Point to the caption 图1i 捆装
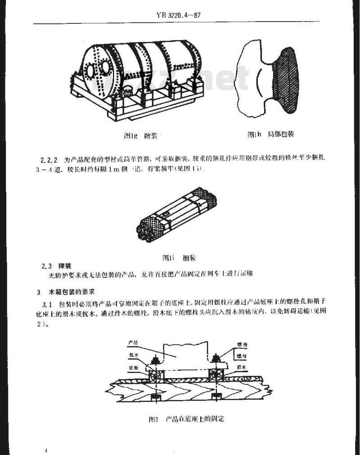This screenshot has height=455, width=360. (x=179, y=258)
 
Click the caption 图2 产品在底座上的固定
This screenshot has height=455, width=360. (x=186, y=419)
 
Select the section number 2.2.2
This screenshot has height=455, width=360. (x=50, y=159)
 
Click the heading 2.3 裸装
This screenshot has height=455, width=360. (x=57, y=266)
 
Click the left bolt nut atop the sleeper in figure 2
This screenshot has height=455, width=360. (x=155, y=360)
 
